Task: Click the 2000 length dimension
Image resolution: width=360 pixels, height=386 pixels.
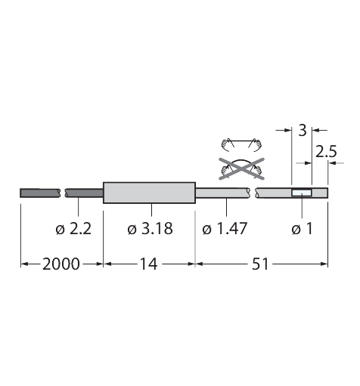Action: [61, 264]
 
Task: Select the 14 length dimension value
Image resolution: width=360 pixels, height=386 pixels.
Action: [148, 264]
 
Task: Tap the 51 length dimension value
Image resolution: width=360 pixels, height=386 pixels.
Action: [260, 264]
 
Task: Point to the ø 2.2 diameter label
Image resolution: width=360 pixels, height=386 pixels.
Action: [73, 229]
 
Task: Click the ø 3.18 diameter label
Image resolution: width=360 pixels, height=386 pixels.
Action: [150, 229]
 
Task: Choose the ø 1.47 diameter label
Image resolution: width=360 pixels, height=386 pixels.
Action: [225, 229]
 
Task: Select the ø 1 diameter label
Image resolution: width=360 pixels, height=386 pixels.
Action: [302, 229]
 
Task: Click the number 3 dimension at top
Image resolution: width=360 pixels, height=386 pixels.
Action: [303, 131]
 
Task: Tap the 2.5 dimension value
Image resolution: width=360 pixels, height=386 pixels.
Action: [326, 152]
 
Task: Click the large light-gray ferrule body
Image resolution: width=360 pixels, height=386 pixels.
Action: [149, 193]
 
